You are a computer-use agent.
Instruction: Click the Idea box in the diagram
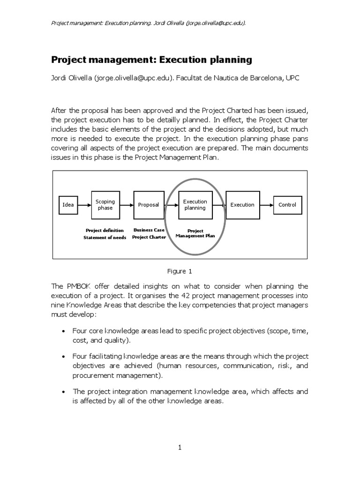(x=68, y=205)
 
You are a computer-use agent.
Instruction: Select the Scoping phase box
(x=105, y=205)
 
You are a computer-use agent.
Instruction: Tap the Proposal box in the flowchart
(x=149, y=205)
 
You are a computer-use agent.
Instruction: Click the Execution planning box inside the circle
(x=195, y=205)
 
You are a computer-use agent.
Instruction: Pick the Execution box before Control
(x=242, y=205)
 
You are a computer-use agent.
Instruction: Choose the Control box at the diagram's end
(x=287, y=205)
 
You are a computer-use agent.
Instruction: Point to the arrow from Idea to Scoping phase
(x=84, y=205)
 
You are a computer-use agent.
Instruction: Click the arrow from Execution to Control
(x=266, y=205)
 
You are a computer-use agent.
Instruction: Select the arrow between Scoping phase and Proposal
(x=127, y=205)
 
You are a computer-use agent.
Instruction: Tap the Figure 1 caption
(x=180, y=271)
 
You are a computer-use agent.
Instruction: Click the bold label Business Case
(x=149, y=230)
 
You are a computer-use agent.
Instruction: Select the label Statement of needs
(x=104, y=237)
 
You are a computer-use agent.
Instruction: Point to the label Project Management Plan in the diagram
(x=195, y=233)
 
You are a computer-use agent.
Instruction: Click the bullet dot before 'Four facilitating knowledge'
(x=64, y=357)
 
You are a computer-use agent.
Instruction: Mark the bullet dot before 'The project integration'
(x=64, y=391)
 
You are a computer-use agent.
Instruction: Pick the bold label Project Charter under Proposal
(x=149, y=237)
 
